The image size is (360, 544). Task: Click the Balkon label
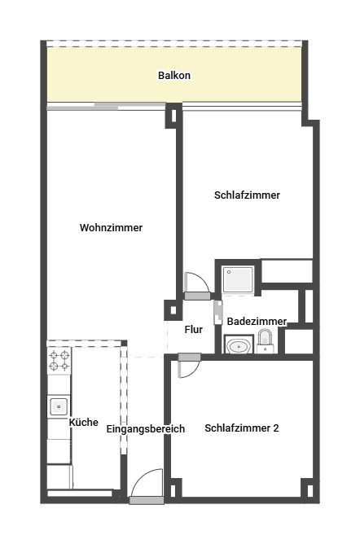174,76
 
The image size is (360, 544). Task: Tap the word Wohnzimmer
111,228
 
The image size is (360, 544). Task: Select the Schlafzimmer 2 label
242,428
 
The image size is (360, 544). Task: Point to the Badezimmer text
257,322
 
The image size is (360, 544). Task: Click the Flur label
194,330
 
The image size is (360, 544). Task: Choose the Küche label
84,423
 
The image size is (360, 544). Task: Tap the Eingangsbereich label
146,429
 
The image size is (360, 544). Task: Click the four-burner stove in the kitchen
59,360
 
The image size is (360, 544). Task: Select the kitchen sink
59,406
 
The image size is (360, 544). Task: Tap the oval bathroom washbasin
238,347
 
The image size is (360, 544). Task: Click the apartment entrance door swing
146,485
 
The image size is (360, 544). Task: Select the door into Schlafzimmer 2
187,365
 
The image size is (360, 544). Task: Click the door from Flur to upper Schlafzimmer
195,284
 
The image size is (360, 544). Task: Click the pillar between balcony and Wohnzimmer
173,115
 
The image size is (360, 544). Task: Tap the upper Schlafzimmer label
248,195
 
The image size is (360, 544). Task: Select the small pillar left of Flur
173,310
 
